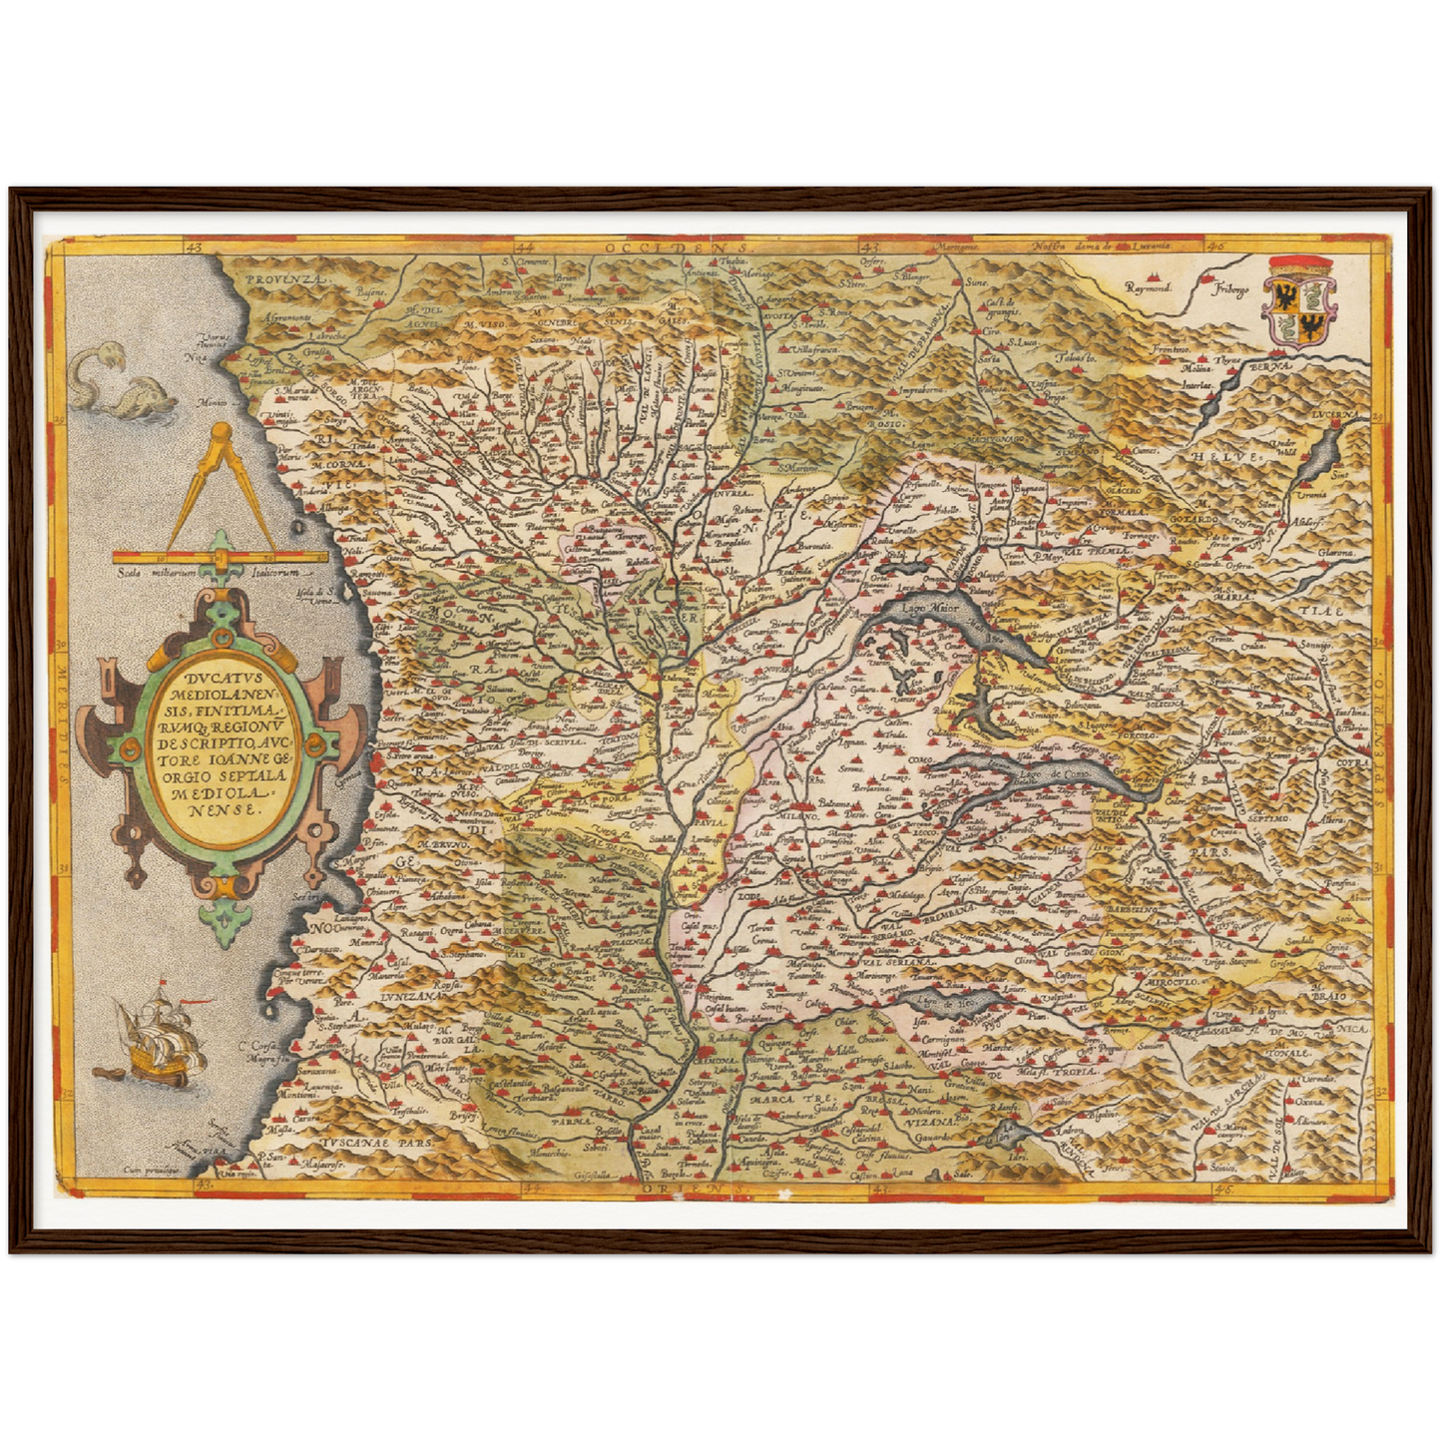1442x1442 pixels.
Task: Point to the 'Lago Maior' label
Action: pyautogui.click(x=929, y=607)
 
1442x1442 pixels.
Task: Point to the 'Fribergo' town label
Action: pyautogui.click(x=1230, y=289)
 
